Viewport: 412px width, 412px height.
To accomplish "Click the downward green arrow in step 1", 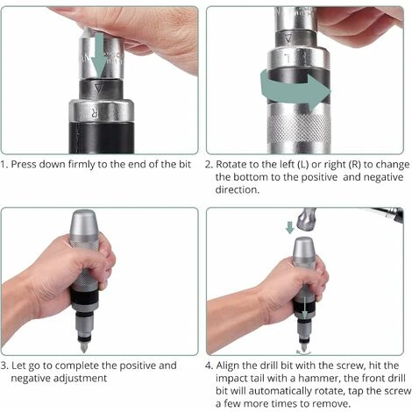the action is click(x=99, y=54).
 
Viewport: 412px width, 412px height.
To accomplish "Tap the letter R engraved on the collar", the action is click(x=95, y=112).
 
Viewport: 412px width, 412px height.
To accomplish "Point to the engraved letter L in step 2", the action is click(x=288, y=59).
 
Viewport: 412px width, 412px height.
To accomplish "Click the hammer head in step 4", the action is click(x=306, y=218).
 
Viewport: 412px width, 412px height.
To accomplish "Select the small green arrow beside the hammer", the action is click(x=289, y=227).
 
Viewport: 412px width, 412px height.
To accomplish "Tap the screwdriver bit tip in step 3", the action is click(x=83, y=348).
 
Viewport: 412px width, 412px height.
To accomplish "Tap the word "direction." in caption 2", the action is click(x=238, y=190).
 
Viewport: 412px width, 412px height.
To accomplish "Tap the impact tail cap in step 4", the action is click(x=303, y=249).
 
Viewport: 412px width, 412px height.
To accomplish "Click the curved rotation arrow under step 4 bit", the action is click(x=303, y=353).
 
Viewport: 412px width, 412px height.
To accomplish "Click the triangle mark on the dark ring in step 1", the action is click(x=99, y=88).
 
